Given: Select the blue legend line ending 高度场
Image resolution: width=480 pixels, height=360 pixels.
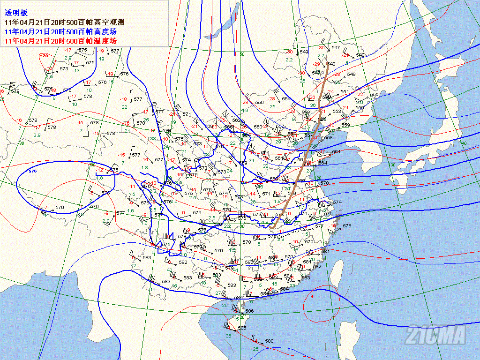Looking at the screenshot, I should click(x=60, y=32).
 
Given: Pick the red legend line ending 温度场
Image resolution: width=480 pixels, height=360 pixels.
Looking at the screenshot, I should click(x=60, y=41).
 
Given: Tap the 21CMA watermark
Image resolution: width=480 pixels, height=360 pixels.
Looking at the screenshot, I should click(x=436, y=335).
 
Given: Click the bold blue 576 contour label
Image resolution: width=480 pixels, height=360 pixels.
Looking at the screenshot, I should click(x=32, y=172).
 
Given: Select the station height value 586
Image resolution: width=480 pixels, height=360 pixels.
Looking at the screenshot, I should click(x=249, y=311).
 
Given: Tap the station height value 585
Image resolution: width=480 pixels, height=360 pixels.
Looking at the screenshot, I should click(x=242, y=328).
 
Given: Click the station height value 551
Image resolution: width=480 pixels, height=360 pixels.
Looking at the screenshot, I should click(x=345, y=92).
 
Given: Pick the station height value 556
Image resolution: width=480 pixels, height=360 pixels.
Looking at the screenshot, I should click(x=259, y=103).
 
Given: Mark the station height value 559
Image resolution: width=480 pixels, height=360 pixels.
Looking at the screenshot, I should click(x=345, y=125).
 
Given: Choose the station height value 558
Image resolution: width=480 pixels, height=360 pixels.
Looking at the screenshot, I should click(x=328, y=137).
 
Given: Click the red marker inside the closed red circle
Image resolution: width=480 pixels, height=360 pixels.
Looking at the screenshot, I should click(x=312, y=297).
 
